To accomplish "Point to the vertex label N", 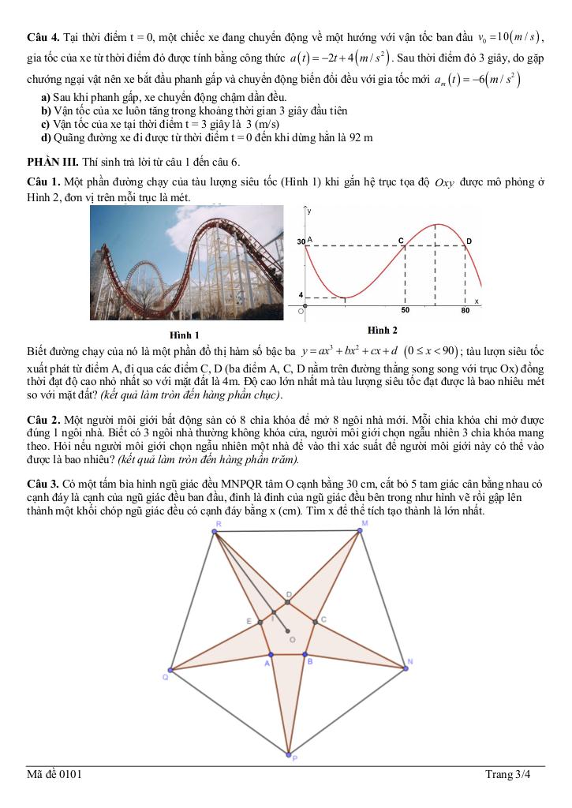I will coord(410,660).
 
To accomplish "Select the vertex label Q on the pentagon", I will coord(165,677).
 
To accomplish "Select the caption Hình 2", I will coord(383,329).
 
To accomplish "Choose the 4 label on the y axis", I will coord(301,294).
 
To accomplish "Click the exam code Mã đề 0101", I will coord(54,774).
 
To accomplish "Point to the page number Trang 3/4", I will coord(508,774).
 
